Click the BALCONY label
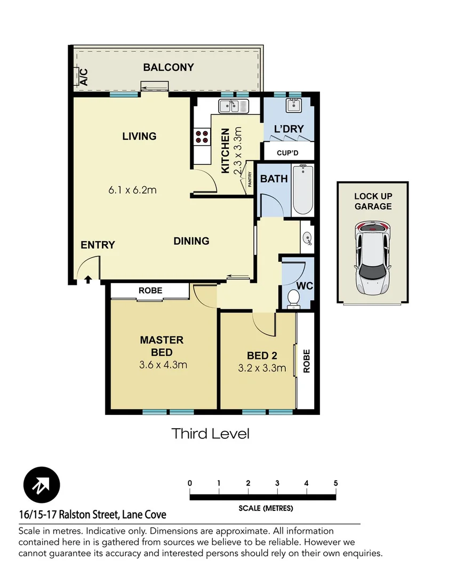(168, 68)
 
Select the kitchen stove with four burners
(202, 137)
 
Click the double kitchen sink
(234, 107)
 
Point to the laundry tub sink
(293, 106)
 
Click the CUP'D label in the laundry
(288, 153)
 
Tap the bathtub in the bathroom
(302, 190)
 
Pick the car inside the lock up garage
(372, 258)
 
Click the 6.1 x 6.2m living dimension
(132, 190)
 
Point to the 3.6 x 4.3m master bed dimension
(163, 365)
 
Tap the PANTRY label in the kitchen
(250, 179)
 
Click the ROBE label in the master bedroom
(150, 291)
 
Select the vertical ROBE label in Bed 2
(306, 361)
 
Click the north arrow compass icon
(42, 485)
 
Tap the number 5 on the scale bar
(335, 483)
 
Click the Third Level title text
(210, 434)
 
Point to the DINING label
(191, 241)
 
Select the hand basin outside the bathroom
(307, 238)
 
